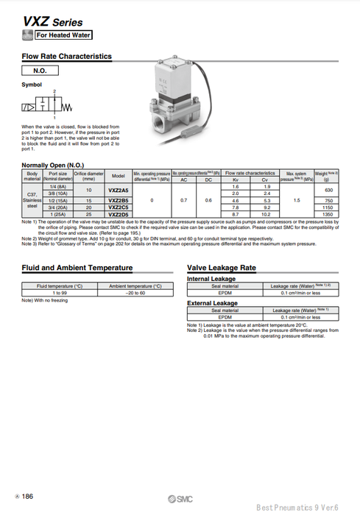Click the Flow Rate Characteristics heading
point(67,56)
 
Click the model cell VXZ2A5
point(118,190)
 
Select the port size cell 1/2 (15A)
point(59,200)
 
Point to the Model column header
point(118,177)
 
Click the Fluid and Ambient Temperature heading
point(77,268)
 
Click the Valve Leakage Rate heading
point(222,268)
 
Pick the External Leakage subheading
point(213,303)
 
